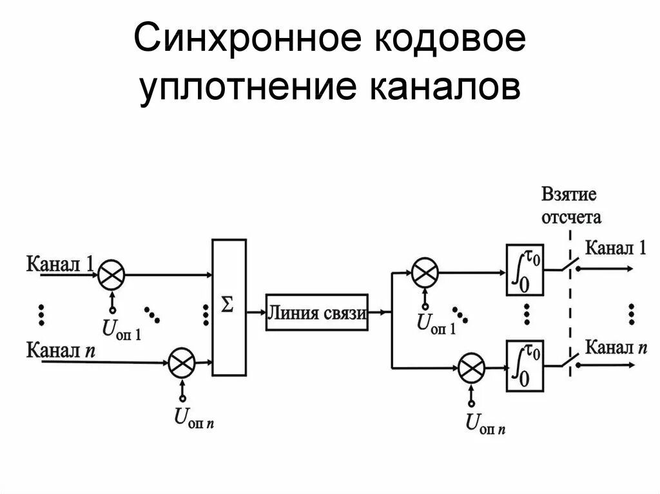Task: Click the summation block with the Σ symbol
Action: click(229, 307)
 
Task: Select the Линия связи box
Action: click(316, 314)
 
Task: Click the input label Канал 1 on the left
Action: click(60, 264)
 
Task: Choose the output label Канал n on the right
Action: click(616, 348)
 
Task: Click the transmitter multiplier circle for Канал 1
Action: click(112, 274)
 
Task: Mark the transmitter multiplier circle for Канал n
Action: click(182, 363)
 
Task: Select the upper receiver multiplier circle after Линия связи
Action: click(424, 272)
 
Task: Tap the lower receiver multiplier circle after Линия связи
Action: click(471, 368)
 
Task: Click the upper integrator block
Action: click(524, 270)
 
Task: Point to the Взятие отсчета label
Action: click(570, 205)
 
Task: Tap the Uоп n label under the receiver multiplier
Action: click(485, 423)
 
